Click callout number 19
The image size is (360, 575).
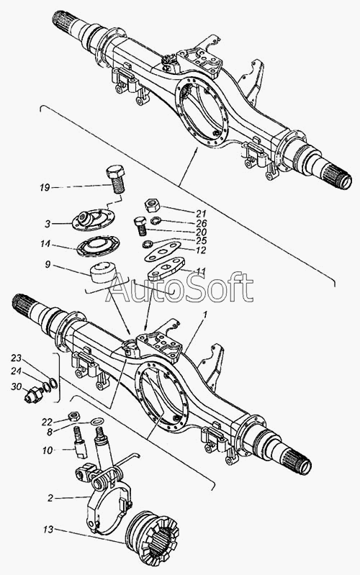45,188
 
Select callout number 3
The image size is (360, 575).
48,224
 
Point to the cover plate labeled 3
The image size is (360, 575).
93,219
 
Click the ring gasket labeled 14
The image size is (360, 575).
99,245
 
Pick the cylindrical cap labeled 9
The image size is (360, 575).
103,272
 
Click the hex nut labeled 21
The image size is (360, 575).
152,205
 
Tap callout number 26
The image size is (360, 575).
202,223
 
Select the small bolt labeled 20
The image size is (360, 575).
140,226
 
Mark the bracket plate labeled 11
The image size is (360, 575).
166,269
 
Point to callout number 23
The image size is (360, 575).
16,358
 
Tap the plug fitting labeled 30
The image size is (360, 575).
34,394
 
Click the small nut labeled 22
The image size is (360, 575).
75,416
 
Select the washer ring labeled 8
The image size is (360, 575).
97,421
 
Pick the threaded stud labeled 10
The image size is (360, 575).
81,442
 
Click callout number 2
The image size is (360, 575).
50,498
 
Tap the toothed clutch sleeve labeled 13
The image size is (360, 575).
151,535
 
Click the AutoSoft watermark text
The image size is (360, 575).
179,288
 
